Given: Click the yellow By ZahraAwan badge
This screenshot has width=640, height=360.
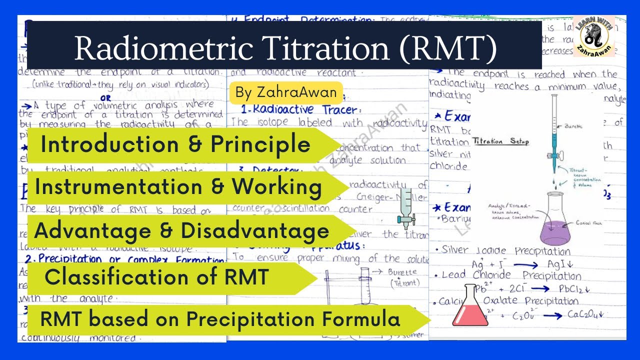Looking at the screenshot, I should coord(286,93).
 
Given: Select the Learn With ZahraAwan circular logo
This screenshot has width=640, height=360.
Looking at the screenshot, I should coord(593,37).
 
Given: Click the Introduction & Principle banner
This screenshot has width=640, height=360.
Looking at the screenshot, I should coord(175,145).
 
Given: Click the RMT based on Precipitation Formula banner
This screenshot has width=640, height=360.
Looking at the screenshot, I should coord(220,319).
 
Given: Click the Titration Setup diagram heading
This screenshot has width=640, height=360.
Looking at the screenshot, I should coord(500,141).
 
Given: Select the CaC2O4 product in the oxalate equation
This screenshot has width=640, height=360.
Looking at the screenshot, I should coord(586,314).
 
